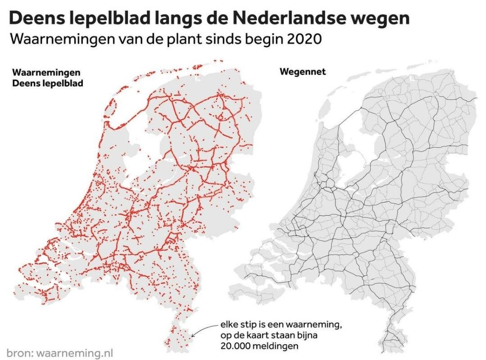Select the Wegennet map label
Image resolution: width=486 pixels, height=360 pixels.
(302, 72)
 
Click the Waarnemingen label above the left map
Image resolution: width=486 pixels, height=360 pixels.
(46, 72)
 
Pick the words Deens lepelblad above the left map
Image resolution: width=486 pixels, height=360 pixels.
(48, 83)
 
